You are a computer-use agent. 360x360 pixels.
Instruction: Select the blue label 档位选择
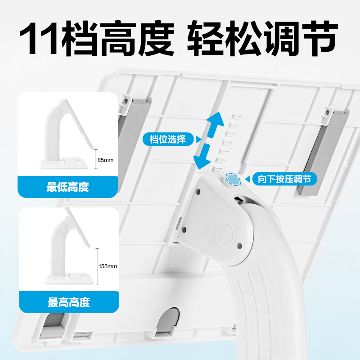(x=167, y=139)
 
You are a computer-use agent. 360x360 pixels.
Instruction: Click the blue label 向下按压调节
(x=284, y=179)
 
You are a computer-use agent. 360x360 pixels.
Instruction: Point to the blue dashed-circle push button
(x=233, y=180)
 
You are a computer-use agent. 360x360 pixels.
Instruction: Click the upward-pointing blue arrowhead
(x=215, y=121)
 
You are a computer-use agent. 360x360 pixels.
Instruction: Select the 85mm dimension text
(x=107, y=160)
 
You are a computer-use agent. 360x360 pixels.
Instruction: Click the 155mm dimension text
(x=108, y=266)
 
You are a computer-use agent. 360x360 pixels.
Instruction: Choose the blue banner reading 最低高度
(x=67, y=187)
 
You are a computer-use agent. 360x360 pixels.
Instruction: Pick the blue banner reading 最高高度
(x=68, y=302)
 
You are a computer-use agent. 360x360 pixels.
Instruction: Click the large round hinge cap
(x=224, y=235)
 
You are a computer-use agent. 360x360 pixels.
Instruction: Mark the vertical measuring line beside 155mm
(x=97, y=265)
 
